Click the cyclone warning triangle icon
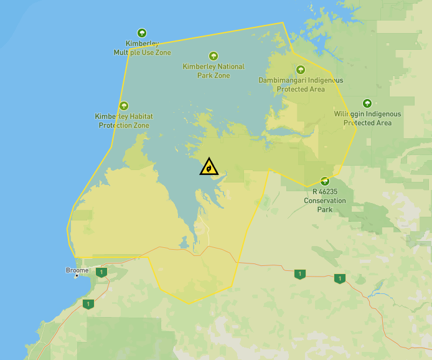[x=209, y=167]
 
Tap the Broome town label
[x=77, y=270]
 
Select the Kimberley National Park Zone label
[x=214, y=71]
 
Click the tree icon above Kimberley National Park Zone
[x=214, y=56]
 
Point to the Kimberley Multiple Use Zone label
[x=142, y=48]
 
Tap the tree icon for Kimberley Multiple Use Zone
[x=142, y=33]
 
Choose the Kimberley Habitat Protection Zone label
[x=124, y=121]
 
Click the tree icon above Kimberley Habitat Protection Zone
[x=124, y=106]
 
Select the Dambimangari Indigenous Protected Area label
[x=301, y=85]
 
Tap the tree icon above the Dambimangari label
[x=301, y=70]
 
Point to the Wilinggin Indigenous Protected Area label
[x=367, y=118]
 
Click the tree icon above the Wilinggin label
[x=367, y=103]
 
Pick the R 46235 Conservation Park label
[x=324, y=201]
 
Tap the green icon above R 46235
[x=324, y=181]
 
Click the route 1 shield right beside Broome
[x=101, y=272]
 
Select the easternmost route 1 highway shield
[x=339, y=278]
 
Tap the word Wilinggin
[x=349, y=114]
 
